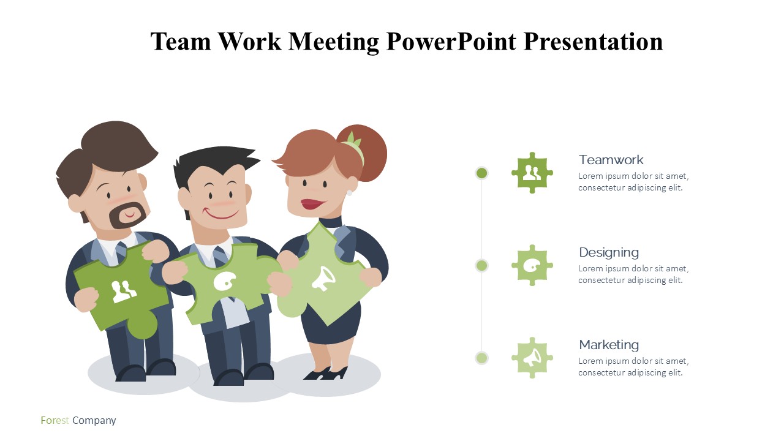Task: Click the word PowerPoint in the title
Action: (x=451, y=42)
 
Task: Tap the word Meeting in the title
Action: (x=333, y=42)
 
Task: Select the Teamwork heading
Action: (x=611, y=160)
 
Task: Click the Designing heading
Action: (x=609, y=253)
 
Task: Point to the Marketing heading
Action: (x=609, y=345)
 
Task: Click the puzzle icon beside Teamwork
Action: (x=532, y=173)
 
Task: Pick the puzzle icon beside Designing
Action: (x=532, y=265)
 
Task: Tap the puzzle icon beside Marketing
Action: (x=532, y=358)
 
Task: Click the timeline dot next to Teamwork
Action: (x=481, y=173)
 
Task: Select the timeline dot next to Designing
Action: (x=481, y=266)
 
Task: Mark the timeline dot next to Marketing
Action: (x=481, y=358)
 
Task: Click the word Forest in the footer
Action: (x=55, y=420)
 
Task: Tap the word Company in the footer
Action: (x=94, y=421)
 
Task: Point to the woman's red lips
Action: (x=312, y=204)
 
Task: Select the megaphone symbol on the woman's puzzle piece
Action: (x=323, y=279)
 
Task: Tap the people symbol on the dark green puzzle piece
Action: (x=124, y=291)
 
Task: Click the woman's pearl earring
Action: (x=349, y=193)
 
